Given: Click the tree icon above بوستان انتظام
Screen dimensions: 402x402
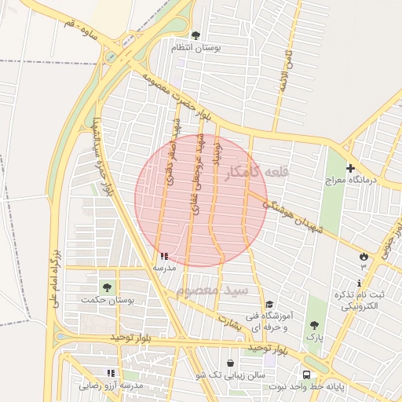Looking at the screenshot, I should [x=196, y=35].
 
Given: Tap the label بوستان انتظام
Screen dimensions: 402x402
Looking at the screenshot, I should [x=196, y=48].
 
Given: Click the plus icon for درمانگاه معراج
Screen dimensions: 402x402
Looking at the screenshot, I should [x=350, y=168].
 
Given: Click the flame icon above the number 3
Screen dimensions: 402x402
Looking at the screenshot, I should [x=363, y=256].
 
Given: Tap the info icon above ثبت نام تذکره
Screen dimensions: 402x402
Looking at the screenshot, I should [x=360, y=283].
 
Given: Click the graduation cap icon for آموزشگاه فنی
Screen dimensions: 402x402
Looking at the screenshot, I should [x=269, y=304].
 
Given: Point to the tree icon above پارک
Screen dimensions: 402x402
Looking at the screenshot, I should [x=314, y=324].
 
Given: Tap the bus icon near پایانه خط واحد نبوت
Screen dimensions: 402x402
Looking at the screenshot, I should [x=306, y=375].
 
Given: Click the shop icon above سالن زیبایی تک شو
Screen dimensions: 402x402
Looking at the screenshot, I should [x=230, y=364].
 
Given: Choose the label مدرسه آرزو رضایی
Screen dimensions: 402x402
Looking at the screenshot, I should [x=111, y=386].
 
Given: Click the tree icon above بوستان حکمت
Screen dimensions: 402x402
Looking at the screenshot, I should [x=106, y=287].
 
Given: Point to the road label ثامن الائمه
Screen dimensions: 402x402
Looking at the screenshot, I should [x=291, y=66].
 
